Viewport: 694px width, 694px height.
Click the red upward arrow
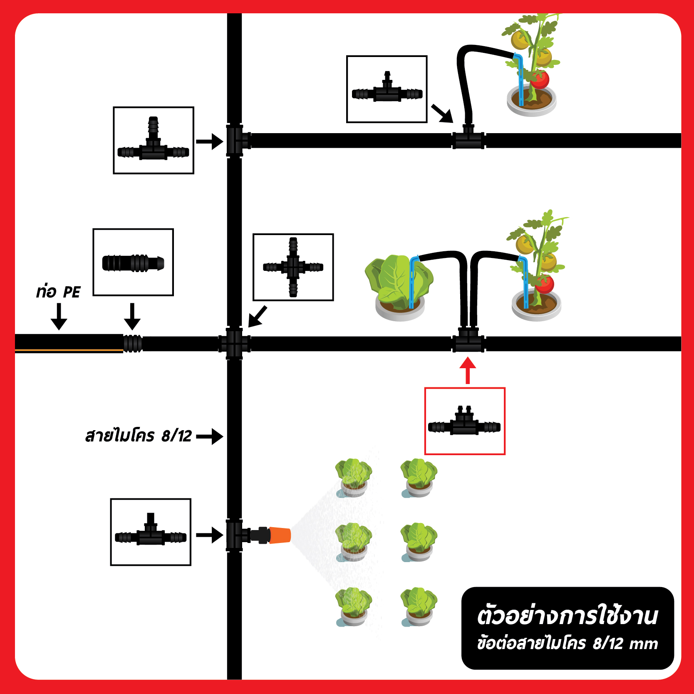pyautogui.click(x=468, y=370)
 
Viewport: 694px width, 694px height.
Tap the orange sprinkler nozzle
pyautogui.click(x=280, y=535)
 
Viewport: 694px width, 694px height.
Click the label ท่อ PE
pyautogui.click(x=58, y=292)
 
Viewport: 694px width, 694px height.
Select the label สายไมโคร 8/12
pyautogui.click(x=139, y=436)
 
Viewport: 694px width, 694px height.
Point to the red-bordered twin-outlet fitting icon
pyautogui.click(x=465, y=421)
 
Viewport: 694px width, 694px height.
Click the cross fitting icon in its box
pyautogui.click(x=293, y=267)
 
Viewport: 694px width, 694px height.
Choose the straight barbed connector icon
pyautogui.click(x=133, y=262)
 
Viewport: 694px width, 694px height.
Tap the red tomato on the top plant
pyautogui.click(x=540, y=79)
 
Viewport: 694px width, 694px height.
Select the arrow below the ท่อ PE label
pyautogui.click(x=59, y=317)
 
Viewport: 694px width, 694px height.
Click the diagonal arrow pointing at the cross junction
pyautogui.click(x=258, y=317)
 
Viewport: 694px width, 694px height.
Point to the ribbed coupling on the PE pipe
pyautogui.click(x=133, y=344)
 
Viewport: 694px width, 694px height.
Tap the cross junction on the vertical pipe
pyautogui.click(x=234, y=344)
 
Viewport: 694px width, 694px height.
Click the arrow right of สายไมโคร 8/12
pyautogui.click(x=210, y=436)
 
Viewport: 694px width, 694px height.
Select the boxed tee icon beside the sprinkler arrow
pyautogui.click(x=151, y=532)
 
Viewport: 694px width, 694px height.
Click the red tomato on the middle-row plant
pyautogui.click(x=545, y=284)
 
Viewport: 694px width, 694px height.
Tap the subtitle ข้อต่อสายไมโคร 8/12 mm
pyautogui.click(x=568, y=643)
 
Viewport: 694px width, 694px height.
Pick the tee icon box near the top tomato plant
pyautogui.click(x=387, y=89)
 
